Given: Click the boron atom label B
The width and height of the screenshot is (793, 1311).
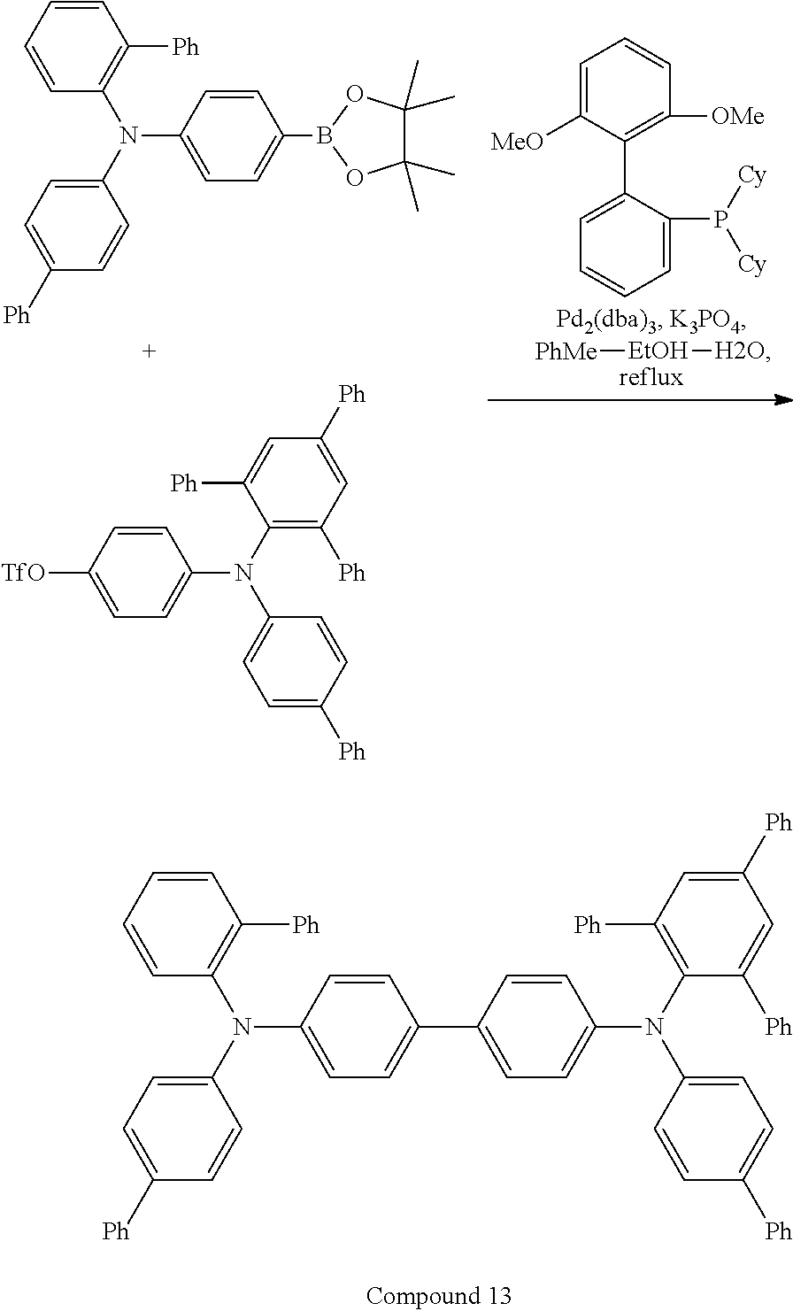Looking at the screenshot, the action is coord(324,135).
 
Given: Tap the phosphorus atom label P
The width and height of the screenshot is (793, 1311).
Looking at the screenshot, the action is coord(720,220).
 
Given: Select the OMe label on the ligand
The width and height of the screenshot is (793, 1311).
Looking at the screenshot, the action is coord(738,117).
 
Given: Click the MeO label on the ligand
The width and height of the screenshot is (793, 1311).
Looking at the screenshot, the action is coord(518,142).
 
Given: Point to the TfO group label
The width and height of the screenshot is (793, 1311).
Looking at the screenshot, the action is coord(23,573).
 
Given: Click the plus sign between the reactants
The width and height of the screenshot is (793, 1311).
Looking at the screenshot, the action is coord(150,351).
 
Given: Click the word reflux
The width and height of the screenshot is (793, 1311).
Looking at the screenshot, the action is coord(651,377).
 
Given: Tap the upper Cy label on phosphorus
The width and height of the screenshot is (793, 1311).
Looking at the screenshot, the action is coord(752,175).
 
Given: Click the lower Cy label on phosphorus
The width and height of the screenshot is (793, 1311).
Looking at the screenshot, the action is coord(752,265).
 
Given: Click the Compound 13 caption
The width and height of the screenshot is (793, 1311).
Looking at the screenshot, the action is coord(439,1296).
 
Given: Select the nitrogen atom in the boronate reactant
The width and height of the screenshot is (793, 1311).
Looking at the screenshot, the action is coord(128,135).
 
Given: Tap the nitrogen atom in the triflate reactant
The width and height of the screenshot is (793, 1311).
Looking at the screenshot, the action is coord(243,573).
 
